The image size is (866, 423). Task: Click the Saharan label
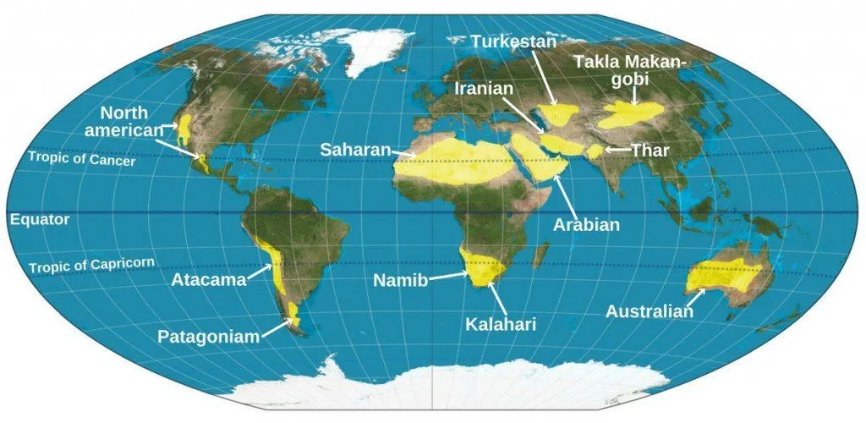point(355,150)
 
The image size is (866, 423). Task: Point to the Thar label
point(650,151)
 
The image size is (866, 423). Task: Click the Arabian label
point(586,225)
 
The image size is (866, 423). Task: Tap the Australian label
point(649,311)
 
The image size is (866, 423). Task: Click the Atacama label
point(207,280)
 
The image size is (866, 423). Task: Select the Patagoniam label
point(208,337)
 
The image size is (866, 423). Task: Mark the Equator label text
point(40,219)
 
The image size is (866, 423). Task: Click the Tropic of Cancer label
point(81,158)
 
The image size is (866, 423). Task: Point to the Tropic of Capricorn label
point(91,265)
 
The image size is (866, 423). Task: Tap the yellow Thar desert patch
point(596,151)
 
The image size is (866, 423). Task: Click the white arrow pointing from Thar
point(616,150)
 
